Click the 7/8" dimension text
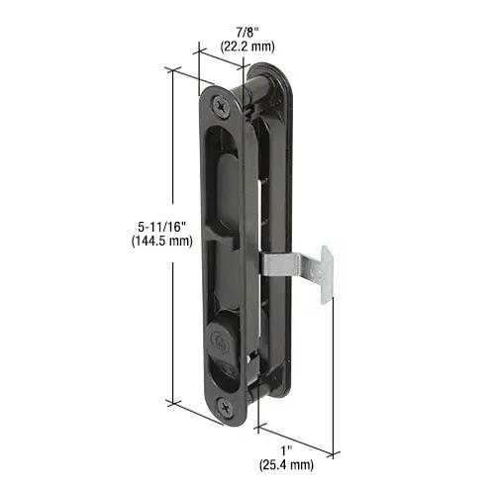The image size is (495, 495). [x=247, y=33]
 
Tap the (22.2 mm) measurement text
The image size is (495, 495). [x=247, y=47]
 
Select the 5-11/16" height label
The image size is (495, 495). [x=162, y=227]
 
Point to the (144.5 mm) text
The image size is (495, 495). [x=162, y=241]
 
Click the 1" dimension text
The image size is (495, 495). [x=286, y=450]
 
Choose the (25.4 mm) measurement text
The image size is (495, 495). [x=286, y=464]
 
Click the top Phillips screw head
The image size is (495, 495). [x=221, y=106]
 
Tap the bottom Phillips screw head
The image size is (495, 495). [x=225, y=407]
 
